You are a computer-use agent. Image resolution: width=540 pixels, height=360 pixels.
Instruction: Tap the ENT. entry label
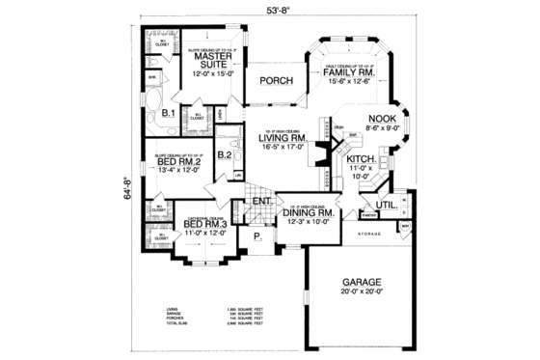tap(260, 202)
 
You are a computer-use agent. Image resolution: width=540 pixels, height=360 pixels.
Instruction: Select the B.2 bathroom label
tap(225, 153)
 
